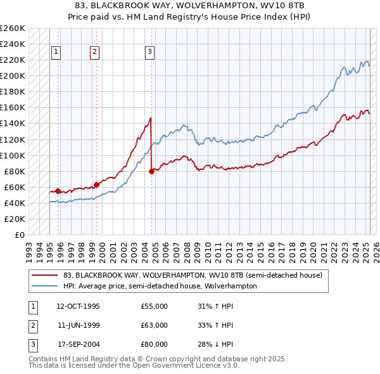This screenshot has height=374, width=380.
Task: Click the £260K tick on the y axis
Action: [13, 29]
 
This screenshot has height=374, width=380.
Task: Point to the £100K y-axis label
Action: [13, 155]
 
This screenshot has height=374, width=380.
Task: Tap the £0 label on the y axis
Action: [19, 235]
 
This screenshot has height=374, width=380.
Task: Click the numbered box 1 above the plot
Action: [56, 52]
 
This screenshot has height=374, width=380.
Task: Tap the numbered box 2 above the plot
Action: [94, 52]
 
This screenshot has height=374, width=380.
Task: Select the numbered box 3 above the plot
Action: [150, 52]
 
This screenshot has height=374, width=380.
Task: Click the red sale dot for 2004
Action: [151, 171]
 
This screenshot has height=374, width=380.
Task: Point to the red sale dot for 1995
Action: [58, 191]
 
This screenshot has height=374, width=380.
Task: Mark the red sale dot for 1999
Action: [96, 184]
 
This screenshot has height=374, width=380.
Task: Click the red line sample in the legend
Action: [44, 275]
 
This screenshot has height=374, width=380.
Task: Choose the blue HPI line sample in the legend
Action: [44, 286]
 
